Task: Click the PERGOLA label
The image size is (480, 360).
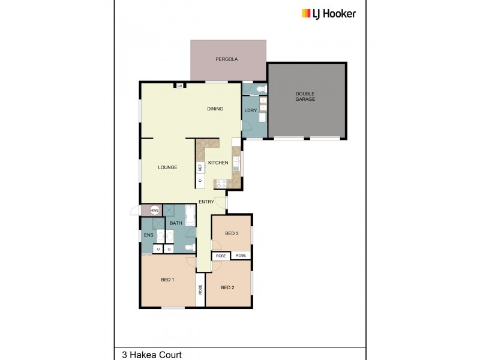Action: click(227, 59)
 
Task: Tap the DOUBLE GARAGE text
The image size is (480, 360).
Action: click(305, 96)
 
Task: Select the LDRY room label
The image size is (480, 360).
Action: click(250, 110)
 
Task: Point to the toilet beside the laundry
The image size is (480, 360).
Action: click(259, 89)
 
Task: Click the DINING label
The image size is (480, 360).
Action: click(215, 109)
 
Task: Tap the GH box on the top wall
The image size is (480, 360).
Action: click(179, 86)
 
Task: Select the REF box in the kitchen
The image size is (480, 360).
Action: click(200, 167)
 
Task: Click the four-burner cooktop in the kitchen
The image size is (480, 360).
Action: click(220, 184)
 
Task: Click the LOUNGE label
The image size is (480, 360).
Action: click(167, 167)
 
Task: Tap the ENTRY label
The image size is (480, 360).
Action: click(206, 202)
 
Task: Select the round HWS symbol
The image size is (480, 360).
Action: click(155, 211)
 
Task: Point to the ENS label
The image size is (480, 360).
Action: click(148, 235)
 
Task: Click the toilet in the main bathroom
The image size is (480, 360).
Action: click(189, 247)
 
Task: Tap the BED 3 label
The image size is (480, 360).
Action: click(232, 233)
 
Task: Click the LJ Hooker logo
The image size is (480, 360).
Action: click(328, 13)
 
